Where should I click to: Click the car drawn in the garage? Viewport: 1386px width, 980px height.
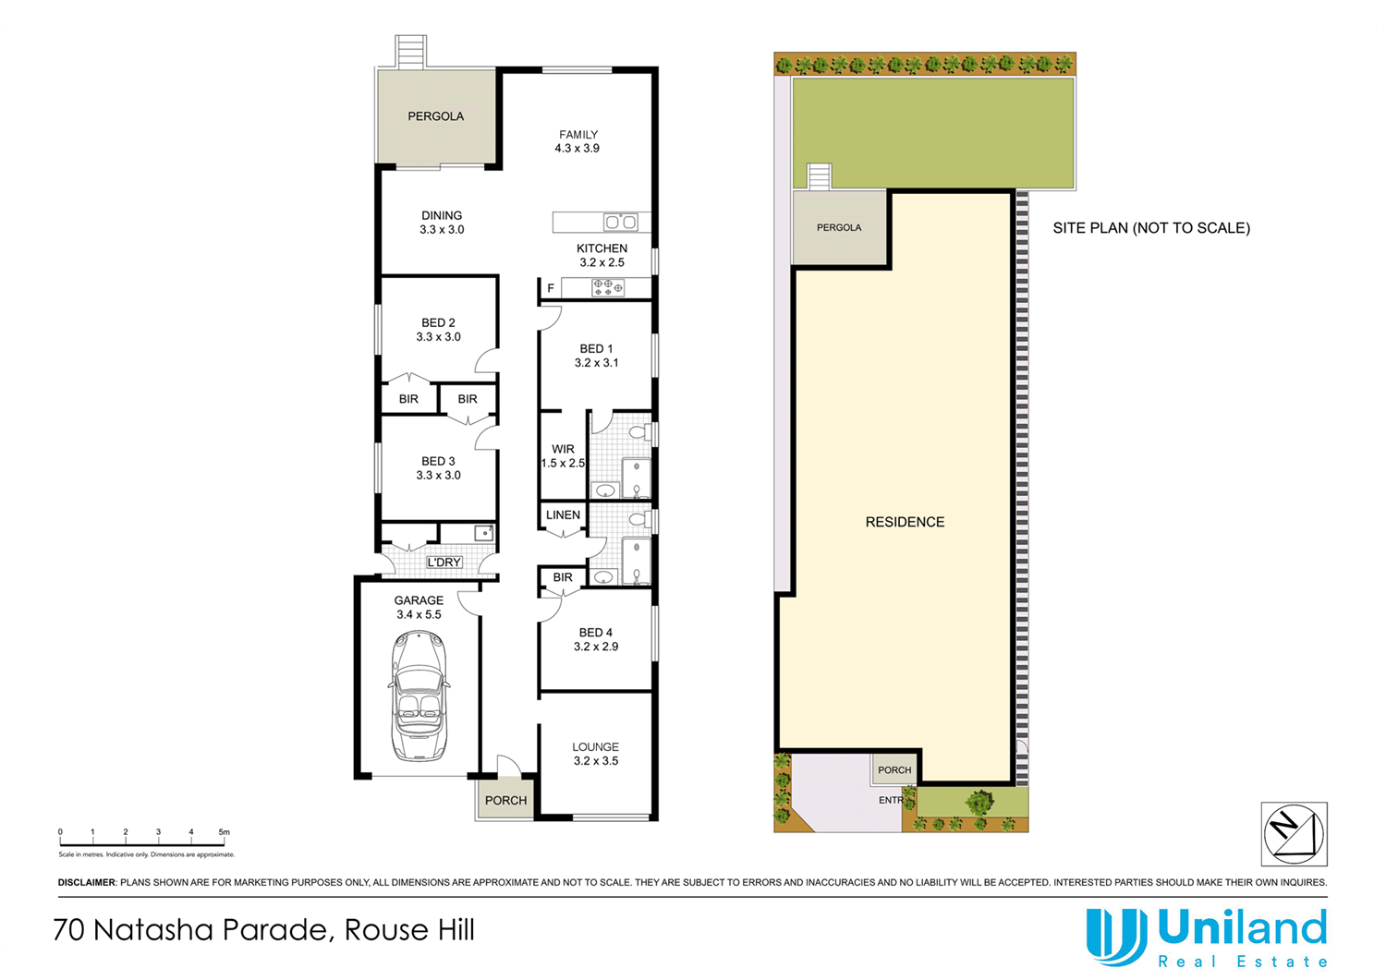(x=419, y=696)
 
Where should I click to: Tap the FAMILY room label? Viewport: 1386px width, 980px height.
(x=578, y=135)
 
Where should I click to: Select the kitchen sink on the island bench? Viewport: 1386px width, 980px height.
(x=620, y=222)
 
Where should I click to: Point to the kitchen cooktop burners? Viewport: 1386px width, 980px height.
(x=608, y=288)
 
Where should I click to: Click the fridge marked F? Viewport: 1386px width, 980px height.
(x=551, y=289)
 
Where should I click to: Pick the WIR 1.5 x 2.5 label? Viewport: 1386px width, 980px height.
(x=563, y=456)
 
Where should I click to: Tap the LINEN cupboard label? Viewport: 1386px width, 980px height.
(x=563, y=515)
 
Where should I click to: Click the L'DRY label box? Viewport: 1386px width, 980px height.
(x=444, y=563)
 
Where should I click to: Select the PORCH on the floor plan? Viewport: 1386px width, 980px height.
(x=505, y=800)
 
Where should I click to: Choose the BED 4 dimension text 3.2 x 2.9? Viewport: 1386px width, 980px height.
(x=596, y=647)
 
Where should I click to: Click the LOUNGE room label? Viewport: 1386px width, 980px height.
(x=595, y=747)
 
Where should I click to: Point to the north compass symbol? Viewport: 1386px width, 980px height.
(x=1294, y=833)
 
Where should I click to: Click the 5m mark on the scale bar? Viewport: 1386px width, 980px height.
(x=224, y=833)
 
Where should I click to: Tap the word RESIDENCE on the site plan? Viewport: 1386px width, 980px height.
(x=905, y=523)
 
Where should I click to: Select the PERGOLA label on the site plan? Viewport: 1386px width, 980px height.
(x=839, y=227)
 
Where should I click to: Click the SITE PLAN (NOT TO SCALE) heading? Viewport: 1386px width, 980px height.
(x=1151, y=228)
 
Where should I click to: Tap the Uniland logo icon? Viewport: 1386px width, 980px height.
(x=1116, y=937)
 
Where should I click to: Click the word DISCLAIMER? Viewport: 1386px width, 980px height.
(x=87, y=883)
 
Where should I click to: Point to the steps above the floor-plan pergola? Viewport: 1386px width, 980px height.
(x=411, y=51)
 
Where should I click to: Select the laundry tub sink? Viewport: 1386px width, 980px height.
(x=483, y=533)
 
